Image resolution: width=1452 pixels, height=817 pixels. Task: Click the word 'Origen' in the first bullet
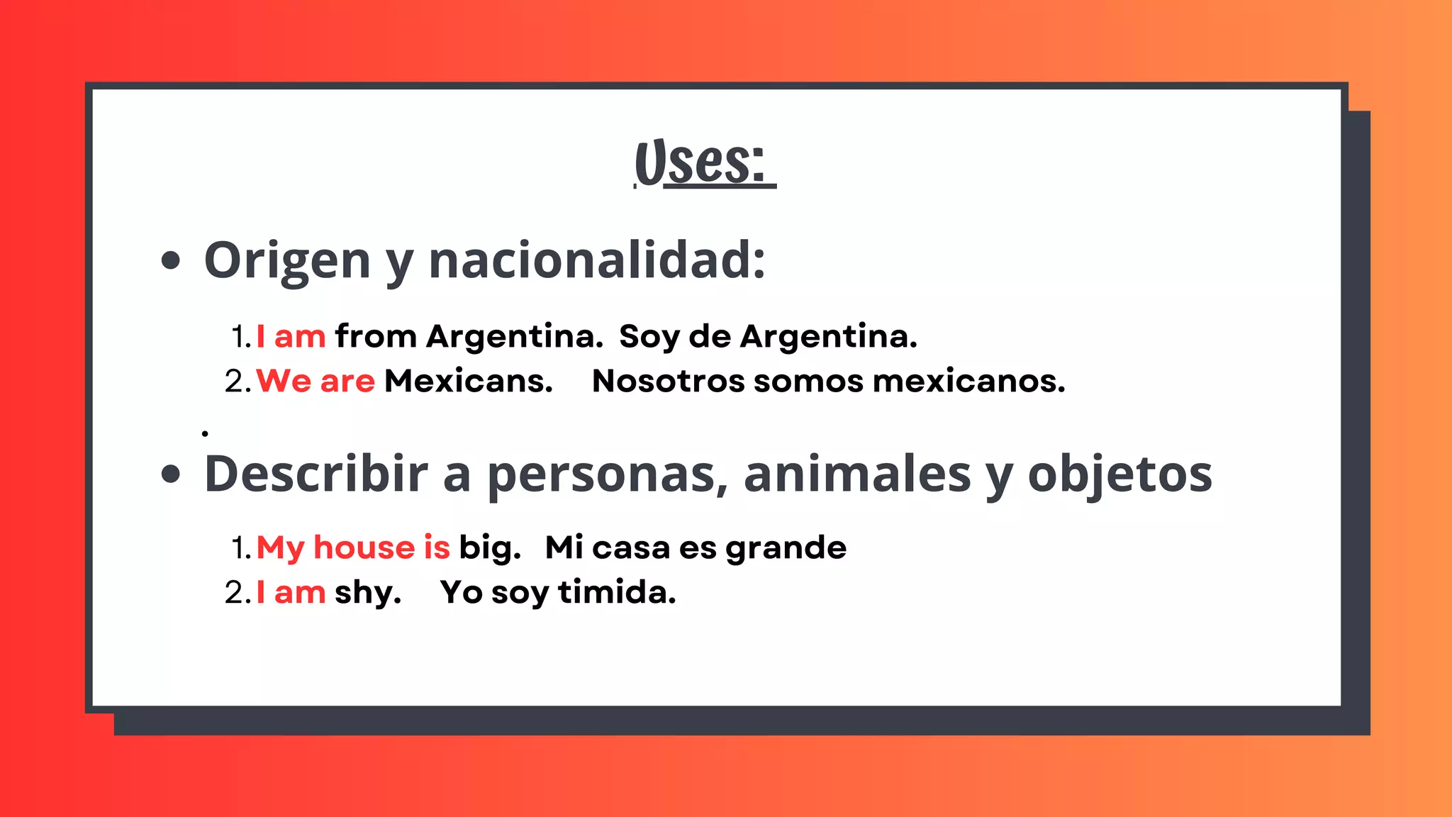pos(286,261)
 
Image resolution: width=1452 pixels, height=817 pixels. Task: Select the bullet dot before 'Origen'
pos(170,260)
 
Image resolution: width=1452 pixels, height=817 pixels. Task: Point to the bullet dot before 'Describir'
pos(170,474)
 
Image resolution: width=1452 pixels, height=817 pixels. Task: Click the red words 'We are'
pos(315,381)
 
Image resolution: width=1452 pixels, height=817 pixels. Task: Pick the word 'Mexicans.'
pos(468,381)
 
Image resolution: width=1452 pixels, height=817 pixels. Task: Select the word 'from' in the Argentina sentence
pos(376,336)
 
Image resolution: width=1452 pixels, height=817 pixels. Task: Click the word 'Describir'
pos(315,474)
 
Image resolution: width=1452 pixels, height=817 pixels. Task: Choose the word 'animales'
pos(857,474)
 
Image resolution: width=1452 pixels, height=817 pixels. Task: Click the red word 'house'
pos(364,548)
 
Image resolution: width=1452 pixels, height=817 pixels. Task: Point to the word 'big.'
pos(489,548)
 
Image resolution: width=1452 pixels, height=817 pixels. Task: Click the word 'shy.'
pos(367,593)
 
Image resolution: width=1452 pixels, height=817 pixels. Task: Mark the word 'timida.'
pos(617,592)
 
